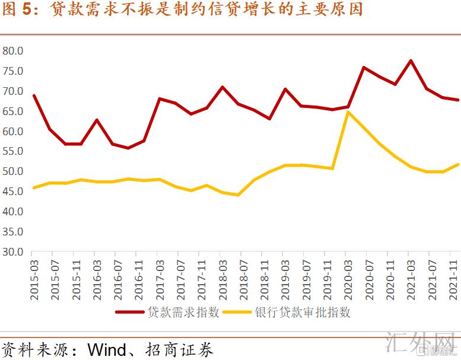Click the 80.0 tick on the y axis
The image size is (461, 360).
12,51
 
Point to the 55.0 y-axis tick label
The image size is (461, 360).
12,151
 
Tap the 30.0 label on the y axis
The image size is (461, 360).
12,251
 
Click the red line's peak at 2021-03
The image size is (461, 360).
411,60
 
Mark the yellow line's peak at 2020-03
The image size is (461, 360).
348,111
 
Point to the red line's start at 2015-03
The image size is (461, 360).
34,95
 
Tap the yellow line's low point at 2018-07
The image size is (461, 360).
238,195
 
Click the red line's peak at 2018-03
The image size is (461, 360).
222,87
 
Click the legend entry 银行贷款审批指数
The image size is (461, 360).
303,312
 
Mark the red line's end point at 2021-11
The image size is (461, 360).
457,100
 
